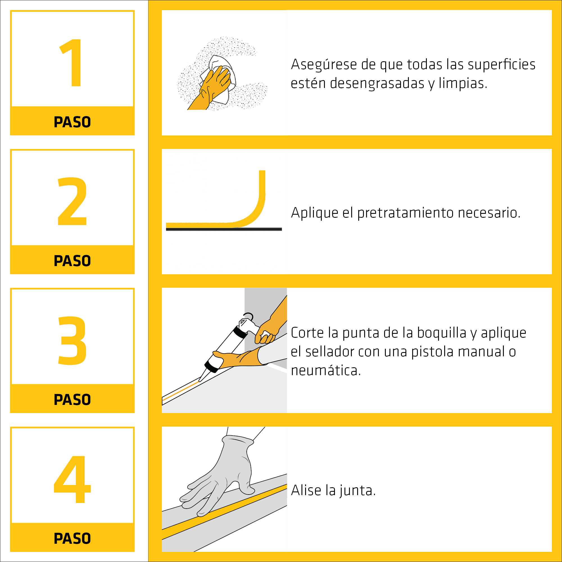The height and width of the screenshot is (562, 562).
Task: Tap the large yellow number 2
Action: pos(72,201)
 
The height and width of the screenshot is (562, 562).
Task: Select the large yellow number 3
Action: pos(72,340)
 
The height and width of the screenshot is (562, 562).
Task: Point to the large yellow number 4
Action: pos(72,479)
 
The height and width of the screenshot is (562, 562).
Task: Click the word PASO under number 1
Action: pos(72,122)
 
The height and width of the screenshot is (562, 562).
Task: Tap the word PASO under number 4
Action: pos(72,538)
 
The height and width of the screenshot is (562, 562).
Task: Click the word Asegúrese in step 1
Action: pos(324,65)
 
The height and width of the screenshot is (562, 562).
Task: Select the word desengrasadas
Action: pos(377,83)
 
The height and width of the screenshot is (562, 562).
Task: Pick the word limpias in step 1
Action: pos(463,83)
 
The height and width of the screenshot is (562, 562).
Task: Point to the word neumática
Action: pos(326,371)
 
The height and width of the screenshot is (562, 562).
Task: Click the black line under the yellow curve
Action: pos(224,229)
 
